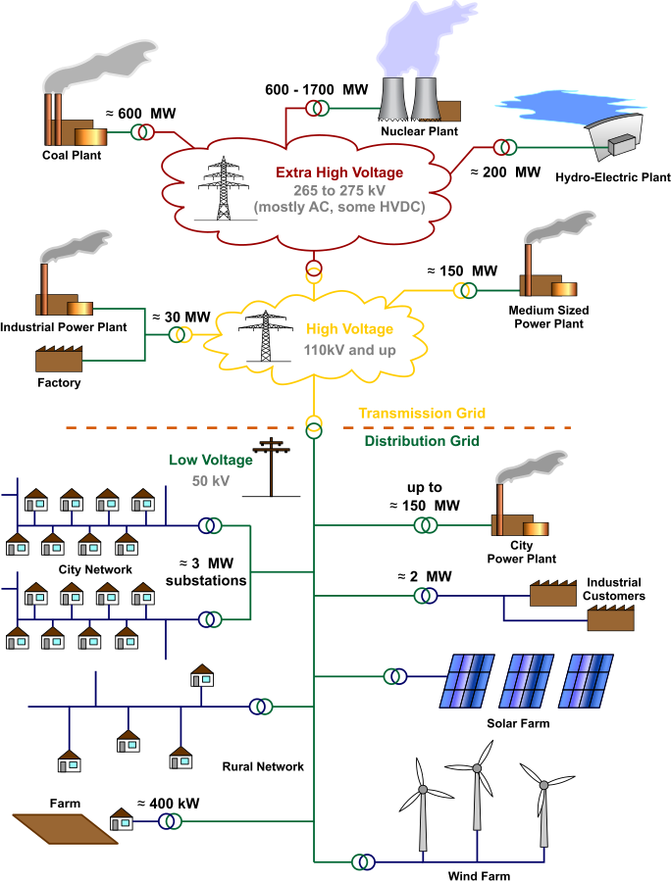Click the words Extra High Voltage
[x=338, y=172]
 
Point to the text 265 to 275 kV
[x=338, y=190]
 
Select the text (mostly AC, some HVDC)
[x=338, y=208]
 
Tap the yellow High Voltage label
[x=349, y=329]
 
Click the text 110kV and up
[x=349, y=350]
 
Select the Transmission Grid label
[x=422, y=414]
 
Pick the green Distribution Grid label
[x=422, y=441]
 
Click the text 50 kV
[x=211, y=481]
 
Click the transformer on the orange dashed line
[x=314, y=426]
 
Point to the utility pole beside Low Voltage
[x=272, y=466]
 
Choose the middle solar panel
[x=528, y=680]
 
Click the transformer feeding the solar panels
[x=394, y=676]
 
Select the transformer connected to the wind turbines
[x=363, y=862]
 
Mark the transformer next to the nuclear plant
[x=316, y=108]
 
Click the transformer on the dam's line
[x=505, y=147]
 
